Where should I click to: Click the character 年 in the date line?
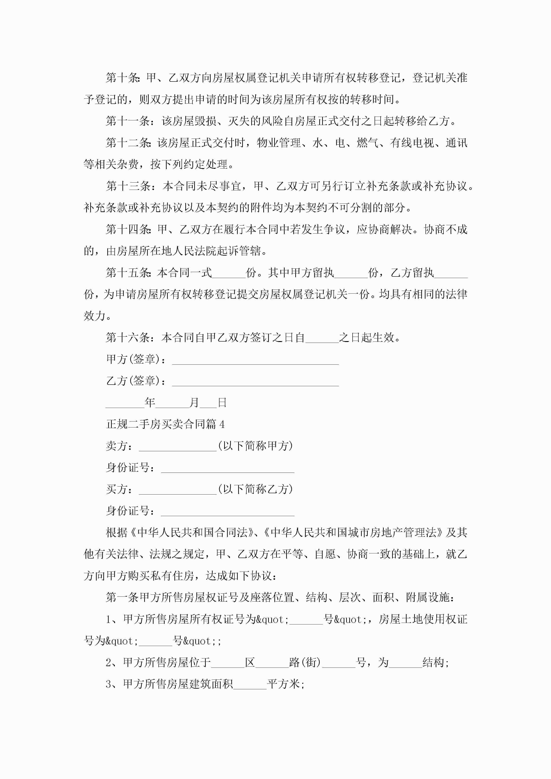[x=150, y=403]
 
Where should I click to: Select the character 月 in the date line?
[x=194, y=403]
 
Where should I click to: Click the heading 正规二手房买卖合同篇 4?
[x=165, y=424]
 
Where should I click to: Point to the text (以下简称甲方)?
[x=255, y=446]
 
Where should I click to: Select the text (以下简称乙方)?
[x=255, y=489]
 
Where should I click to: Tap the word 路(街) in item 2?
[x=305, y=662]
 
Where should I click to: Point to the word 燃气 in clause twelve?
[x=367, y=143]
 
